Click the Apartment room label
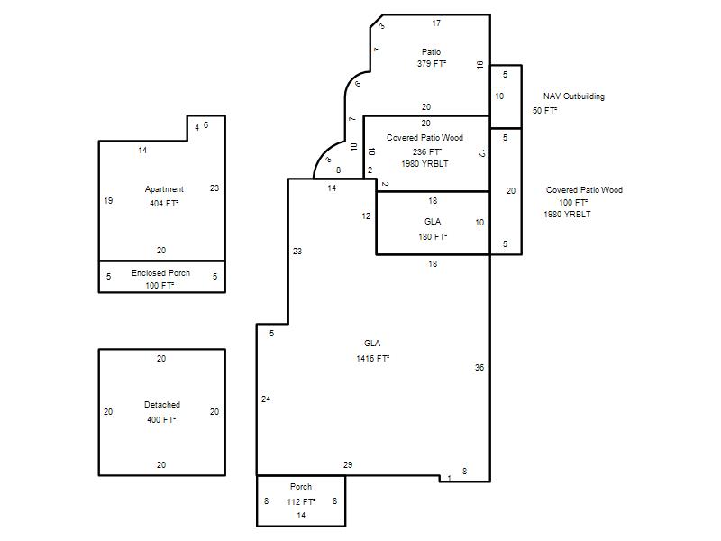click(x=164, y=189)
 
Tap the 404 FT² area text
click(x=164, y=203)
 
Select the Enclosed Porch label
click(x=161, y=273)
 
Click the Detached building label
click(x=162, y=405)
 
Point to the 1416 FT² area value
click(x=373, y=358)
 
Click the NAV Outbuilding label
click(x=574, y=96)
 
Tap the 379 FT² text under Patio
click(x=432, y=63)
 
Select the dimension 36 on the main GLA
click(x=479, y=368)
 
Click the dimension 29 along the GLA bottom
click(x=348, y=465)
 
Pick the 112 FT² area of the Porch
click(x=301, y=502)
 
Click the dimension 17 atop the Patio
click(x=436, y=23)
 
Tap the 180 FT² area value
click(x=433, y=236)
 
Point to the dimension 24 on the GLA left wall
click(x=266, y=399)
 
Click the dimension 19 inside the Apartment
click(x=108, y=200)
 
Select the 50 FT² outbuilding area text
click(x=545, y=110)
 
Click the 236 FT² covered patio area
click(x=427, y=151)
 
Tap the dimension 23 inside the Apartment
click(x=214, y=188)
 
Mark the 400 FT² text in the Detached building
click(x=161, y=419)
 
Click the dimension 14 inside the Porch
click(x=301, y=516)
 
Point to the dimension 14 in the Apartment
click(x=142, y=151)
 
